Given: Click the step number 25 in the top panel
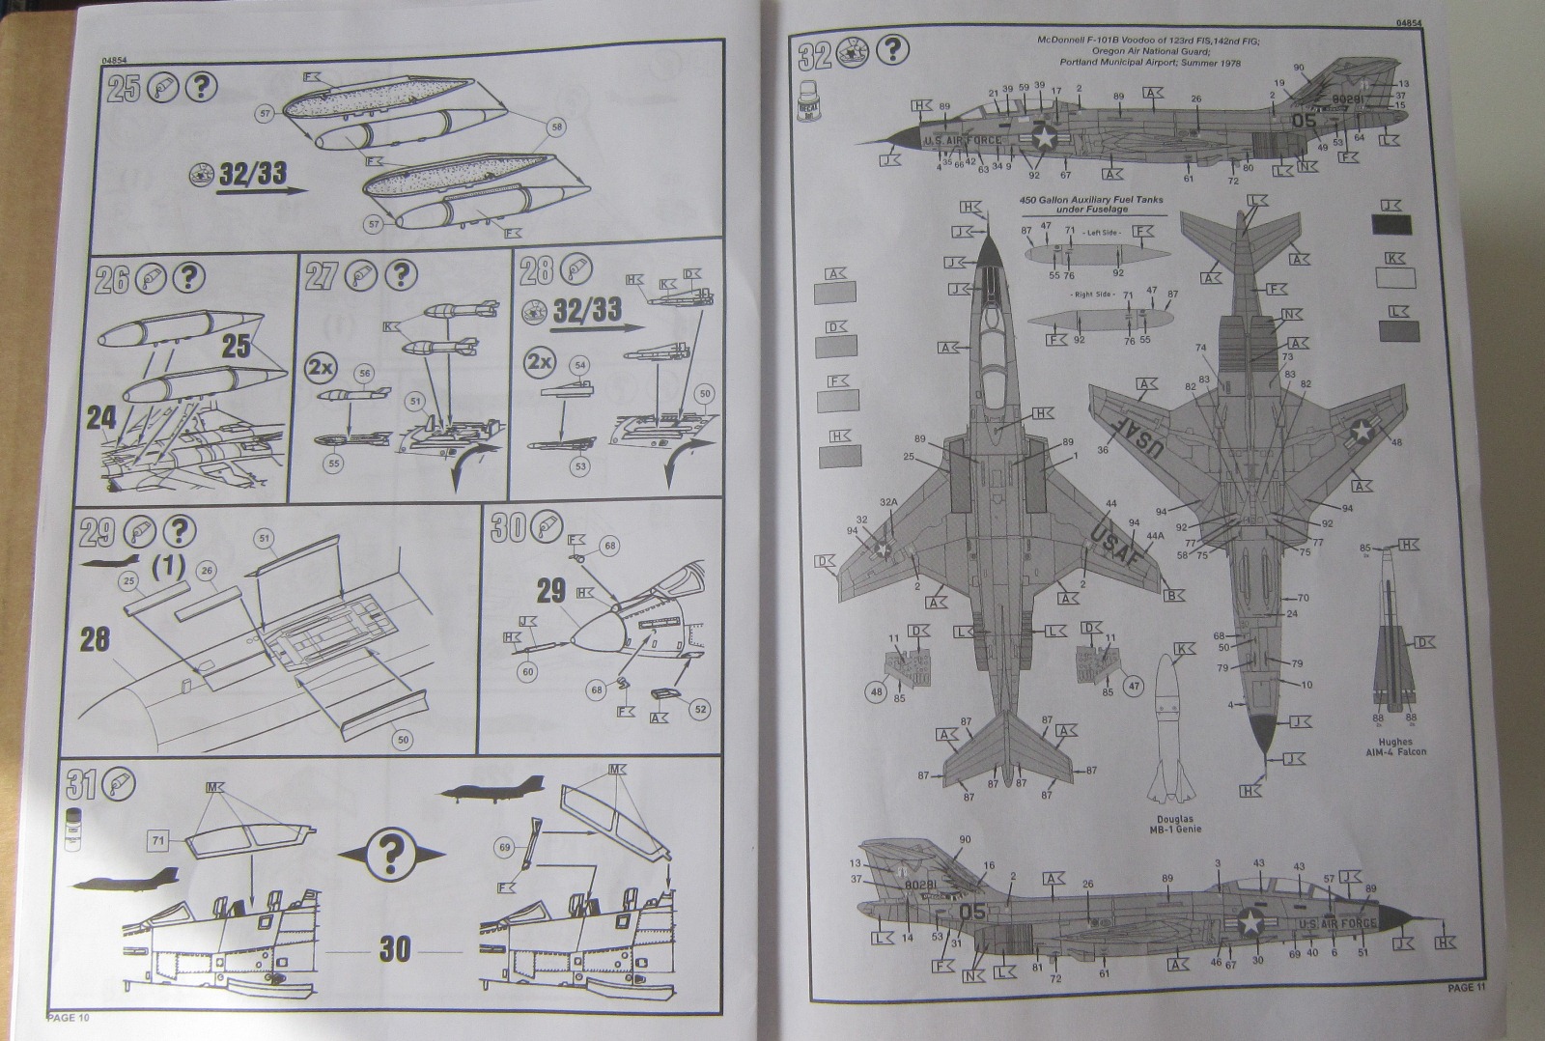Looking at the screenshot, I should pyautogui.click(x=124, y=90).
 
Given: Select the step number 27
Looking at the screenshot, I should pyautogui.click(x=321, y=276).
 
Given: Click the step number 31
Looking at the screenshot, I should pyautogui.click(x=79, y=783).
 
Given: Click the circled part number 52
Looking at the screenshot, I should pyautogui.click(x=701, y=709).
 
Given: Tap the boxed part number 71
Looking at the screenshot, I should pyautogui.click(x=158, y=842).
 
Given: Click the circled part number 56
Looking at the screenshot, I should pyautogui.click(x=364, y=372).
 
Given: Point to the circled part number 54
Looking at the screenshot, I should pyautogui.click(x=580, y=366).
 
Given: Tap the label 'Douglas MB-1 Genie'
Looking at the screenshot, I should pyautogui.click(x=1174, y=823).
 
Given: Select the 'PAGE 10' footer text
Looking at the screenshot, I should pyautogui.click(x=68, y=1017).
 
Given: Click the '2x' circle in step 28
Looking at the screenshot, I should pyautogui.click(x=540, y=364).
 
